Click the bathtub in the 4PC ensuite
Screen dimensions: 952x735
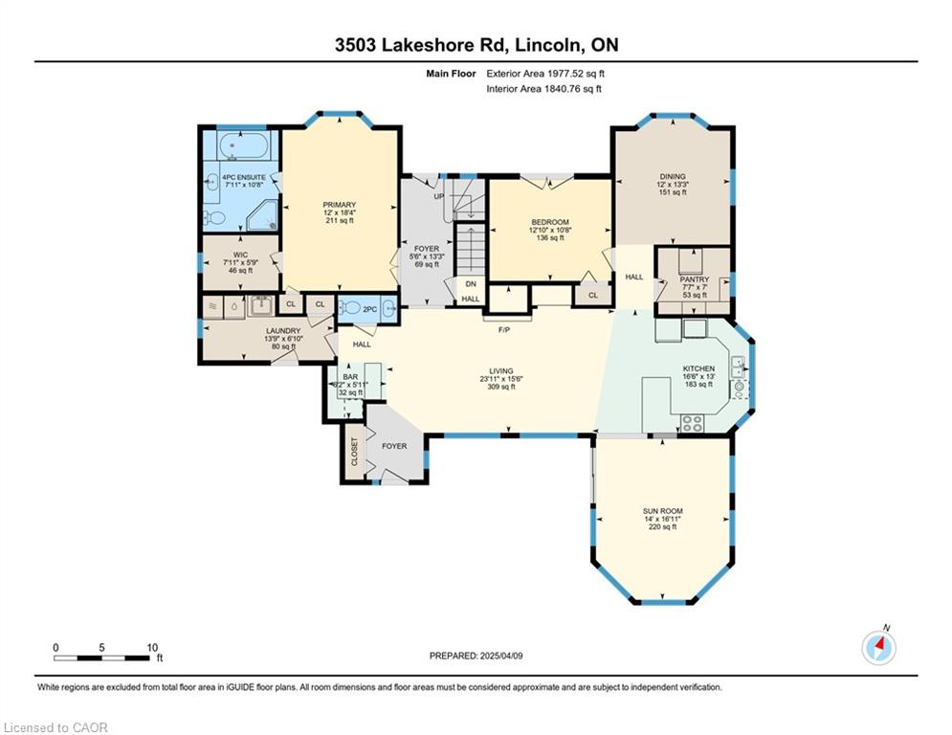click(x=243, y=145)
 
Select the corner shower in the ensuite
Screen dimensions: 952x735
click(x=263, y=215)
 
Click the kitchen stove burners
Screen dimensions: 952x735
click(x=692, y=423)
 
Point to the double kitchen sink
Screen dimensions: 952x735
click(x=739, y=367)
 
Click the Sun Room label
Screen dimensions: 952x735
click(x=662, y=511)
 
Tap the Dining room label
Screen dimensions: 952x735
click(x=673, y=177)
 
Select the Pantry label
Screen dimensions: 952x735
click(x=695, y=279)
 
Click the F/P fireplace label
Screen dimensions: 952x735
click(x=504, y=330)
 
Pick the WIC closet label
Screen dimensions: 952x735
click(x=240, y=255)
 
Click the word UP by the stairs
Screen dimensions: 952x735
click(x=439, y=196)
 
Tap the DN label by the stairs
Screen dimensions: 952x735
click(x=471, y=283)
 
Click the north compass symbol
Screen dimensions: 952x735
click(x=878, y=648)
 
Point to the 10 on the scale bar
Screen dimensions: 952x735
click(x=152, y=648)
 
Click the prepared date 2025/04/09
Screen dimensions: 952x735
click(x=501, y=656)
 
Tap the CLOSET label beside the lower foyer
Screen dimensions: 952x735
click(x=355, y=452)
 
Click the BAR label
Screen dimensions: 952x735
click(x=350, y=377)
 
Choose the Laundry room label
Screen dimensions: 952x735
click(x=283, y=330)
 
